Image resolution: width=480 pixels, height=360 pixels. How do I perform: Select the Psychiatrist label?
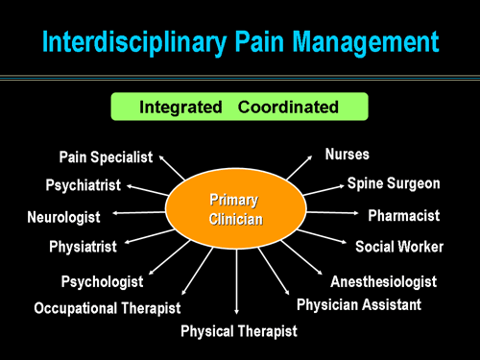pyautogui.click(x=84, y=185)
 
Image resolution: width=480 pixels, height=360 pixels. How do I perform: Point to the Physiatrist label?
pyautogui.click(x=83, y=247)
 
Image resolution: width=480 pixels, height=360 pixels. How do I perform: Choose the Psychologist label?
pyautogui.click(x=102, y=282)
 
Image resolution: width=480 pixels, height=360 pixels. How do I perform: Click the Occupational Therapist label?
pyautogui.click(x=107, y=308)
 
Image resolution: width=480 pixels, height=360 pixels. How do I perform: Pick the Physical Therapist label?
pyautogui.click(x=239, y=331)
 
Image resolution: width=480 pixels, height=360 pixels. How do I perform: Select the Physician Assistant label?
pyautogui.click(x=358, y=305)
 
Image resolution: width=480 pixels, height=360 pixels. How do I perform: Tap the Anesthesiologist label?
pyautogui.click(x=383, y=281)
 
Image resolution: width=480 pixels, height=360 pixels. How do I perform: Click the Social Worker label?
pyautogui.click(x=399, y=247)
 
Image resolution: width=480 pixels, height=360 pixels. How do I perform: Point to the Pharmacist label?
pyautogui.click(x=403, y=215)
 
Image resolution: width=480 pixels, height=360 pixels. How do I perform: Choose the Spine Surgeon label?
pyautogui.click(x=394, y=182)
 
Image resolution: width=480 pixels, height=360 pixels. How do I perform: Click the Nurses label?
pyautogui.click(x=348, y=154)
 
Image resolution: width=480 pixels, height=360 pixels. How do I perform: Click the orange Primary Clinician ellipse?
pyautogui.click(x=236, y=209)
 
